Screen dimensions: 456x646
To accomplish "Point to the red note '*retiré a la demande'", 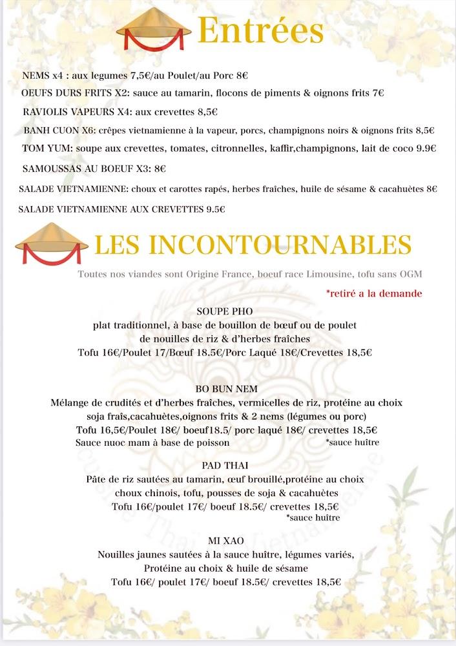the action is click(x=374, y=293).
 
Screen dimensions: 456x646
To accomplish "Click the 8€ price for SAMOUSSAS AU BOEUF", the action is click(x=160, y=169).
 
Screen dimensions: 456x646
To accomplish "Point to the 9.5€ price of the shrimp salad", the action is click(x=215, y=209).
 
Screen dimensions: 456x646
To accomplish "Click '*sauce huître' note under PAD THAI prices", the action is click(x=313, y=518).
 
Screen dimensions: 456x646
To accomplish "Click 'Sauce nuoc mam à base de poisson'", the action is click(x=152, y=443).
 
